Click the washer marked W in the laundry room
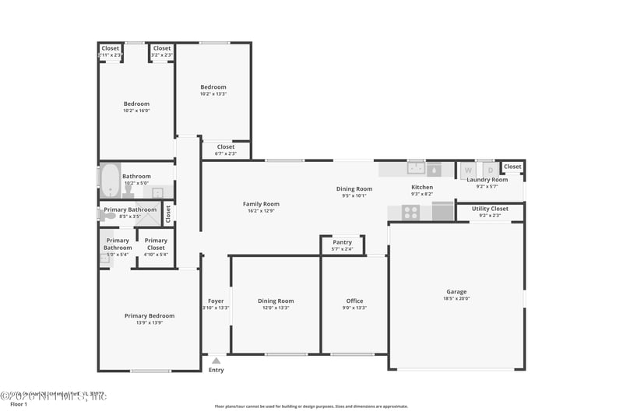(x=468, y=170)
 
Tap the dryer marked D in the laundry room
(x=490, y=170)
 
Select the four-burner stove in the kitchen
(x=410, y=212)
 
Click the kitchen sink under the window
(x=416, y=167)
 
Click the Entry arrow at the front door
(x=216, y=360)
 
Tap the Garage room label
(x=456, y=292)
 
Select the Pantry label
(x=343, y=242)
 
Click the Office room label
(x=354, y=301)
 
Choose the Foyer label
(x=216, y=301)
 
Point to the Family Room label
(x=261, y=204)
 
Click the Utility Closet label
(x=490, y=209)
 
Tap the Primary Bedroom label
(x=150, y=315)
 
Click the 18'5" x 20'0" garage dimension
(x=456, y=298)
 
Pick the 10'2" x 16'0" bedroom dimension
(x=136, y=111)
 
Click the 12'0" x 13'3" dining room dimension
(x=276, y=308)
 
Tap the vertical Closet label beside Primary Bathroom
(x=168, y=213)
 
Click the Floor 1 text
(x=19, y=404)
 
